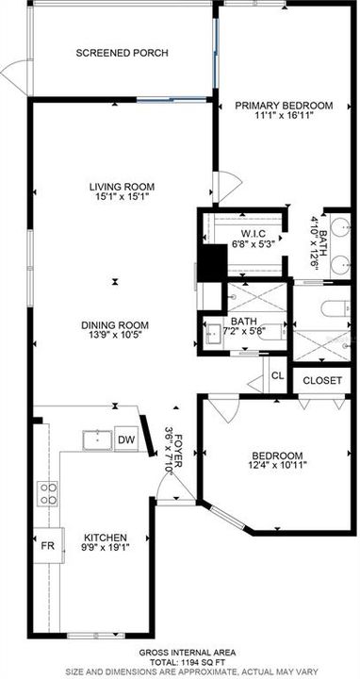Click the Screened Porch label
(123, 53)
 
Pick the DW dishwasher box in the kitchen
(126, 441)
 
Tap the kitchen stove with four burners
(47, 492)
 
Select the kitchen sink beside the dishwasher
(97, 440)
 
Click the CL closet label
(277, 375)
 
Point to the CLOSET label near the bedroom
(324, 381)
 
